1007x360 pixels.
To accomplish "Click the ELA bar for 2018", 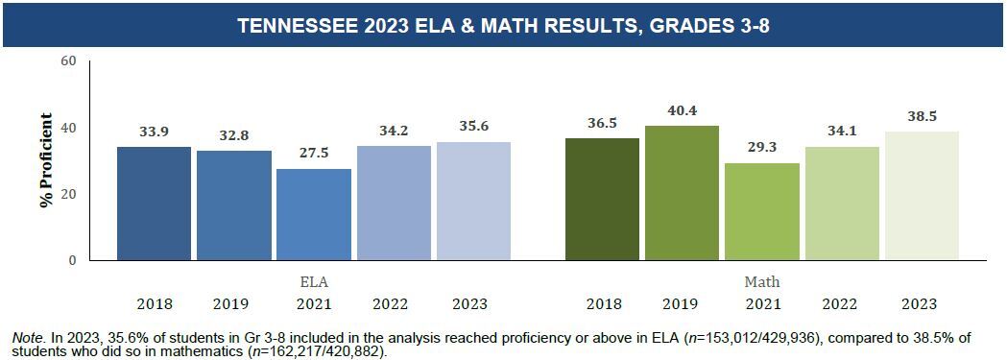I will tap(154, 204).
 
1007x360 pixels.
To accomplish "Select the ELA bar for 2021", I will tap(314, 214).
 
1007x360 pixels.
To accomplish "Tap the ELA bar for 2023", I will tap(473, 201).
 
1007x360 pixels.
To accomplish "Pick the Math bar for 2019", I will tap(682, 193).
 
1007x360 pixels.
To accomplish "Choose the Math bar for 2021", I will tap(762, 211).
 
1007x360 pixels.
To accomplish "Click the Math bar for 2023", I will tap(922, 196).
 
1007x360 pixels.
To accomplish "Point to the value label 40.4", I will tap(682, 110).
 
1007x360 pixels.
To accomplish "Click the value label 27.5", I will tap(314, 154).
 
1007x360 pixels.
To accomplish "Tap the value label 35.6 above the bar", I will tap(473, 127).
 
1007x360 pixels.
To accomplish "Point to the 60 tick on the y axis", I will tap(67, 61).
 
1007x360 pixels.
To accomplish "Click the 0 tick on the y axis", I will tap(72, 260).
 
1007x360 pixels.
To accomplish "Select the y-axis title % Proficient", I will tap(45, 160).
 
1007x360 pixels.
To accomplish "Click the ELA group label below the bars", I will tap(314, 283).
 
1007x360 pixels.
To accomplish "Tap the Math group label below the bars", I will tap(762, 283).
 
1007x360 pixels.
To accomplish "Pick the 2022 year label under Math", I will tap(841, 304).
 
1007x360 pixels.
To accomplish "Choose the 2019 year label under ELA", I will tap(233, 304).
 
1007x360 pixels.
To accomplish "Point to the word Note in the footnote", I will tap(29, 338).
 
